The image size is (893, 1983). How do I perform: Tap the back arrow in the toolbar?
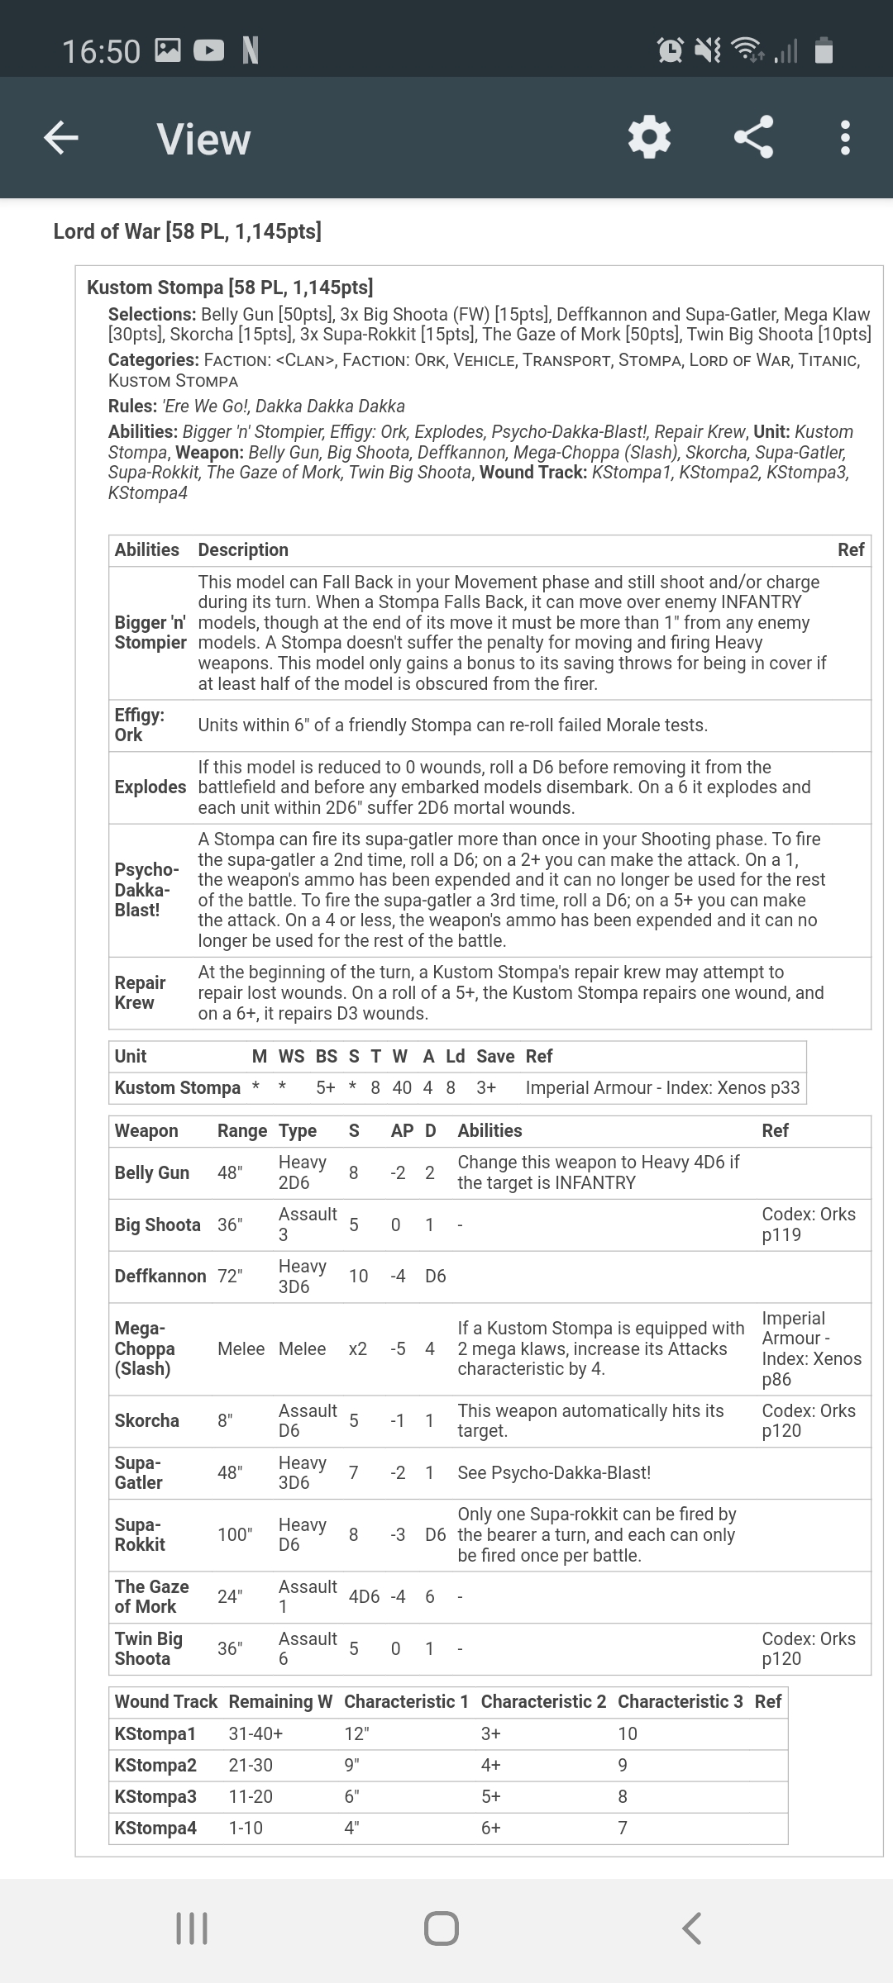tap(61, 137)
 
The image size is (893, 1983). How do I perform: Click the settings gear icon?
tap(649, 137)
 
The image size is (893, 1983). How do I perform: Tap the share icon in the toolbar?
tap(753, 137)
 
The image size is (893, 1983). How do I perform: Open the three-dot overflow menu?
tap(844, 137)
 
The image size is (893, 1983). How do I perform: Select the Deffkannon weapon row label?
tap(160, 1276)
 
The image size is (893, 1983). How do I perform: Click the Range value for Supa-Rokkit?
tap(235, 1534)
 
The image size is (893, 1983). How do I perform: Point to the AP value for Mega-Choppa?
tap(398, 1348)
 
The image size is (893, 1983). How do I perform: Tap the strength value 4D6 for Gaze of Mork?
tap(364, 1596)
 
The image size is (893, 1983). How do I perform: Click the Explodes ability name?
tap(150, 787)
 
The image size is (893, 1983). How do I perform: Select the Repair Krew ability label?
tap(140, 992)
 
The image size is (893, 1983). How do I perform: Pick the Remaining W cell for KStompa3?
tap(251, 1796)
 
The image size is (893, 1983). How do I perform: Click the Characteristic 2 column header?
tap(543, 1701)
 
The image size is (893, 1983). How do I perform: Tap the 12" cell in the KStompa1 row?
tap(356, 1733)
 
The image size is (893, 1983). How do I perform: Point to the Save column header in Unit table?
tap(495, 1056)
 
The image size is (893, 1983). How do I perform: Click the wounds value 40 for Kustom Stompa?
tap(402, 1087)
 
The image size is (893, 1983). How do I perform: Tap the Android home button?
tap(441, 1928)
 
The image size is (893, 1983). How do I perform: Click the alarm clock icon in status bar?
tap(670, 51)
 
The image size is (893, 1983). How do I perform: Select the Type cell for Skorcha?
tap(308, 1420)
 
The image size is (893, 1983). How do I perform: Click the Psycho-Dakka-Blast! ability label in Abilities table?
tap(146, 890)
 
